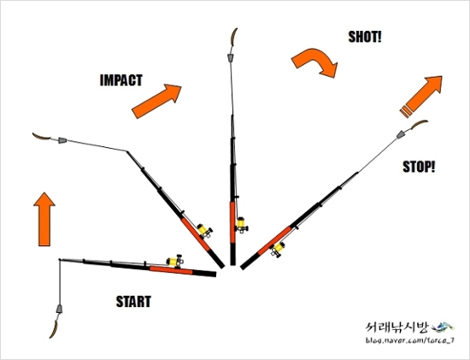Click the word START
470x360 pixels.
tap(133, 302)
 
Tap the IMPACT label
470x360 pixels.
tap(120, 80)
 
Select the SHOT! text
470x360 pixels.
tap(365, 37)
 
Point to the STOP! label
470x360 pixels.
tap(419, 167)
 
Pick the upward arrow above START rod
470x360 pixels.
tap(44, 219)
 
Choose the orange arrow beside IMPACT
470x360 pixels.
tap(156, 101)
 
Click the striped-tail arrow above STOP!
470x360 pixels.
tap(420, 97)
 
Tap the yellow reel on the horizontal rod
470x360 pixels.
tap(175, 261)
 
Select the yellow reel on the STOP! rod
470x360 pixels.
tap(279, 249)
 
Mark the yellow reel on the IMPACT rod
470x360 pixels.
tap(205, 230)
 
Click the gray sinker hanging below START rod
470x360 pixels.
tap(59, 309)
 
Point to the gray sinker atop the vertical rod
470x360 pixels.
tap(231, 58)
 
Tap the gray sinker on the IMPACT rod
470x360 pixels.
tap(62, 140)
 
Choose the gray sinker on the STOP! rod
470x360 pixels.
tap(401, 135)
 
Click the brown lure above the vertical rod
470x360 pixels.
tap(233, 37)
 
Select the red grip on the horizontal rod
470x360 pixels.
tap(171, 270)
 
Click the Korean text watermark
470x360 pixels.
tap(397, 328)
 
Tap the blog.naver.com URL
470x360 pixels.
tap(409, 340)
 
